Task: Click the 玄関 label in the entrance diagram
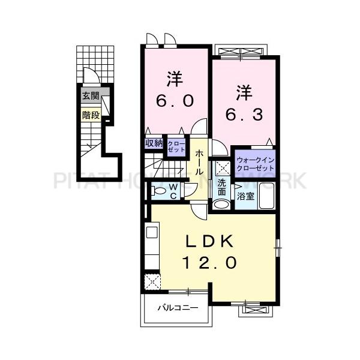pos(90,95)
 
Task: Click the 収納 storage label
pos(154,143)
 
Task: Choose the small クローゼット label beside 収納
pos(176,147)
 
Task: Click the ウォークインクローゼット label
pos(255,164)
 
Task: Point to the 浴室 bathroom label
pos(245,195)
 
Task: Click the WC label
pos(173,191)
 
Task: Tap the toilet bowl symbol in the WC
pos(158,191)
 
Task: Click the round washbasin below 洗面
pos(221,204)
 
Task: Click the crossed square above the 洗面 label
pos(222,168)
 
